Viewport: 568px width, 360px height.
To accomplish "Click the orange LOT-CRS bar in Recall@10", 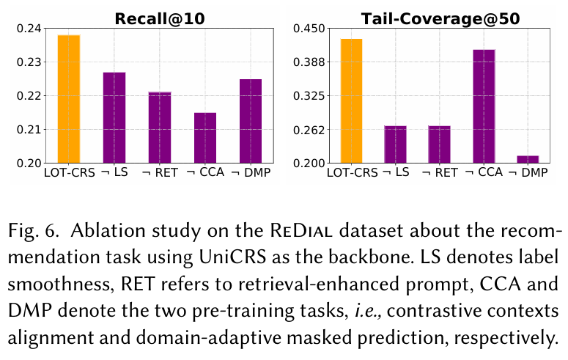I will pos(68,99).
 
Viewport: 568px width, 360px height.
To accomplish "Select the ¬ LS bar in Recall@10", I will pos(114,117).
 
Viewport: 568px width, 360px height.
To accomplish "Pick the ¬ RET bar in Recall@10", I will pos(159,127).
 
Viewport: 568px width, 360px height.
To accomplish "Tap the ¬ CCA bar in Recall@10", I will pos(204,137).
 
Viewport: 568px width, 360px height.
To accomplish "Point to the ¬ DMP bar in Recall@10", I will pos(250,120).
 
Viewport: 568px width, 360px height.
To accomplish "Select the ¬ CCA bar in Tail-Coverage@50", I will pos(484,106).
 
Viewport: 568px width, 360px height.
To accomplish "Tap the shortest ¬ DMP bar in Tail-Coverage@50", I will pos(528,159).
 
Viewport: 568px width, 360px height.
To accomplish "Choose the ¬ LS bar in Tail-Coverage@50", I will pos(395,144).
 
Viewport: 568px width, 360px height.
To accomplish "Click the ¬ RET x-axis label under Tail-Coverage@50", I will pos(440,173).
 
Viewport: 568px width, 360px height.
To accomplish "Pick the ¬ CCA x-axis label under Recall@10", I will pos(204,173).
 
